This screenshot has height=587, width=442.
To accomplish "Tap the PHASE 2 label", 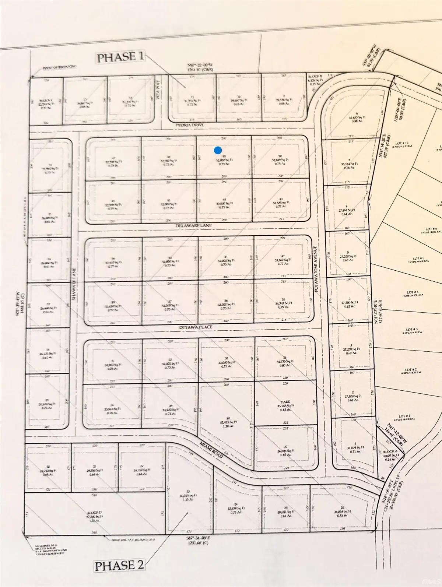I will pos(119,565).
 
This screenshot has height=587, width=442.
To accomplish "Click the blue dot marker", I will pos(218,150).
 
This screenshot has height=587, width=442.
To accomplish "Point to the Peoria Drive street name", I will pos(191,125).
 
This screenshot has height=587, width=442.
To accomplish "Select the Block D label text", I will pos(92,513).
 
